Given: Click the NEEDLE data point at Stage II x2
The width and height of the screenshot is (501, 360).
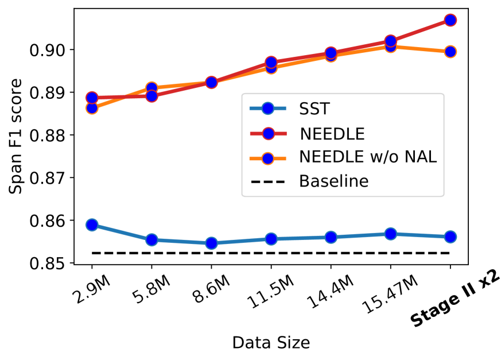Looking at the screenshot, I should (450, 20).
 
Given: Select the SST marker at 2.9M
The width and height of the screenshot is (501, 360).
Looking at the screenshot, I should (92, 224).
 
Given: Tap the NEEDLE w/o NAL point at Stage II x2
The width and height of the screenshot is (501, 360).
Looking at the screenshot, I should (450, 52).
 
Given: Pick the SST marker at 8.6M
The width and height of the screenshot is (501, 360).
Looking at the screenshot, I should (211, 243).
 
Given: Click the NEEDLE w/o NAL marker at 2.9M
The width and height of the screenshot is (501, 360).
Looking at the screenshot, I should (92, 108).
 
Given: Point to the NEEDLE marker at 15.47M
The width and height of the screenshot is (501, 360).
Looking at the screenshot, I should (390, 41).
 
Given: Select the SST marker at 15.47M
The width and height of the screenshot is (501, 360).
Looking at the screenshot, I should (390, 234).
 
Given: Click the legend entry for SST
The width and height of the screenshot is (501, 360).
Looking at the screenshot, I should (313, 109).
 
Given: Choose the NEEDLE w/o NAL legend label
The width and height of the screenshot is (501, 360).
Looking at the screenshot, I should (368, 157).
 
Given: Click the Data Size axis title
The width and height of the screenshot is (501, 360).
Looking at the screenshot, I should (271, 343).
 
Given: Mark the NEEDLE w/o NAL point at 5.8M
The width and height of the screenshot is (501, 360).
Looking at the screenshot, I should (152, 88).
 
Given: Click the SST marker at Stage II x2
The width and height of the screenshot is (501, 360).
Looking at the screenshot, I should (450, 237).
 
